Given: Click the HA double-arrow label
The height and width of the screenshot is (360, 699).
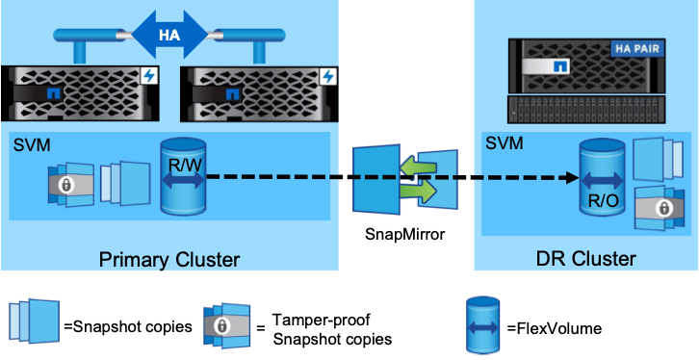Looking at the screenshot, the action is (169, 35).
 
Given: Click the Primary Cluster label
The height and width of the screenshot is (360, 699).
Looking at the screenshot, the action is (169, 259).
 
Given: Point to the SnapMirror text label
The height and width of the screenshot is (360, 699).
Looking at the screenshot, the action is (404, 234).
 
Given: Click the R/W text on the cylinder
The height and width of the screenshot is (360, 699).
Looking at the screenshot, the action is (183, 166).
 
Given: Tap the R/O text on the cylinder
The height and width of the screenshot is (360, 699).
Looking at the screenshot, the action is (600, 200).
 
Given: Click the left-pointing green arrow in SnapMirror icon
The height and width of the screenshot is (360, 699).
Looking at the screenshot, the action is (418, 168).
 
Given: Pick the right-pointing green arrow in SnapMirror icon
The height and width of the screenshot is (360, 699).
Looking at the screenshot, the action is (418, 192).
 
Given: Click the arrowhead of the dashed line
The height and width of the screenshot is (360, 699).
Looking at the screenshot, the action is (573, 178).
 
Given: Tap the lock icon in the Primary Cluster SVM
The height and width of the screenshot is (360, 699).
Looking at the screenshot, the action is (66, 186).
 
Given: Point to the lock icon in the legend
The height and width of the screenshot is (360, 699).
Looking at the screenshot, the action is (220, 326).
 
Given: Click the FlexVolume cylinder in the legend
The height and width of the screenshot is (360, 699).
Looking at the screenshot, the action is (482, 325).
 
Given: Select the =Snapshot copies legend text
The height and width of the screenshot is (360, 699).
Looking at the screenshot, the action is (128, 326).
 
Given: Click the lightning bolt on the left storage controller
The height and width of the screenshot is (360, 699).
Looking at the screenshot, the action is (150, 76).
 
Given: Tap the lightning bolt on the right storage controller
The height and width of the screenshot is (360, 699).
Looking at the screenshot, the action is (328, 76).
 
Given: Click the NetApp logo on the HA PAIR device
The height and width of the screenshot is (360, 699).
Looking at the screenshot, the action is (560, 66).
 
